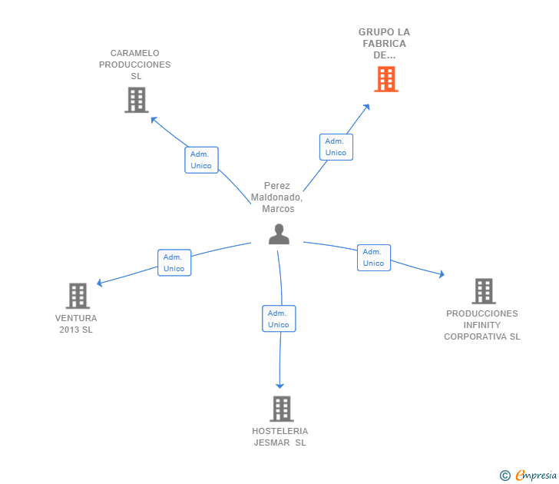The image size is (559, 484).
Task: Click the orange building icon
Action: (386, 79)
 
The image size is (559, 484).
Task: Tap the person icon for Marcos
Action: (279, 234)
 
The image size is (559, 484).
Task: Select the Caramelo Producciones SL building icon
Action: (137, 100)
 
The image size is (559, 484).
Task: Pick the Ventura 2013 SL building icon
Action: (78, 296)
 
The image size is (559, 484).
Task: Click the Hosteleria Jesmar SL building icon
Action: (282, 409)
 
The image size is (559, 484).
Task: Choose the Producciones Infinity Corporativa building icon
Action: (484, 291)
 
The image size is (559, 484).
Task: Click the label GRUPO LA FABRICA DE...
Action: (384, 44)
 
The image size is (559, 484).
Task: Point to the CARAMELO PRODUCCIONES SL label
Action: (135, 65)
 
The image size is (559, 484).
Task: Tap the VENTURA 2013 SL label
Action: (76, 324)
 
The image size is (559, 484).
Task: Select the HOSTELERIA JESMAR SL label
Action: (279, 437)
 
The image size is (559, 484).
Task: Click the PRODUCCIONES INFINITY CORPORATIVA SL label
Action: (482, 325)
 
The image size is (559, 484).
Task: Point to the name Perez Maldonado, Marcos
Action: (277, 197)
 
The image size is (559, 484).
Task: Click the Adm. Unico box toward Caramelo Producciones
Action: (201, 160)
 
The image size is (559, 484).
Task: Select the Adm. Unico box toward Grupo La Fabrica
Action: (336, 147)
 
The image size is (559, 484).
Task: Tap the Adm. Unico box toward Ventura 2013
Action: (174, 263)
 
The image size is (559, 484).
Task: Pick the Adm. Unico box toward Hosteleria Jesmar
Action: (279, 319)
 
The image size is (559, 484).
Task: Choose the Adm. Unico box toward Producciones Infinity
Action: (374, 257)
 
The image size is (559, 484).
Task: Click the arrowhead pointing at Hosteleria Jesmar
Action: (279, 386)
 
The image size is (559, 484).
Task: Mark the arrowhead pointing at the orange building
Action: (367, 107)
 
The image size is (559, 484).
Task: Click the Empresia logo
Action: (528, 475)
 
